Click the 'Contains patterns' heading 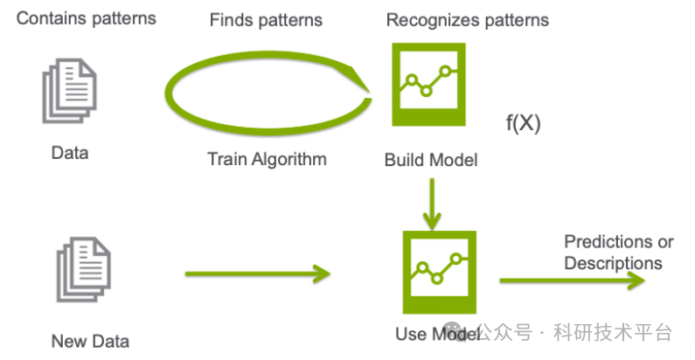86,18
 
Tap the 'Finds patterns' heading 266,19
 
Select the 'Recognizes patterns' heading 468,19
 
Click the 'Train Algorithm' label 267,159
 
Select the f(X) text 523,124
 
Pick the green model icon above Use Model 438,272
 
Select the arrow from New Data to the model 258,274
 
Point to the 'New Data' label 90,341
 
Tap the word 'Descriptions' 613,262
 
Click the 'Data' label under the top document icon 70,153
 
